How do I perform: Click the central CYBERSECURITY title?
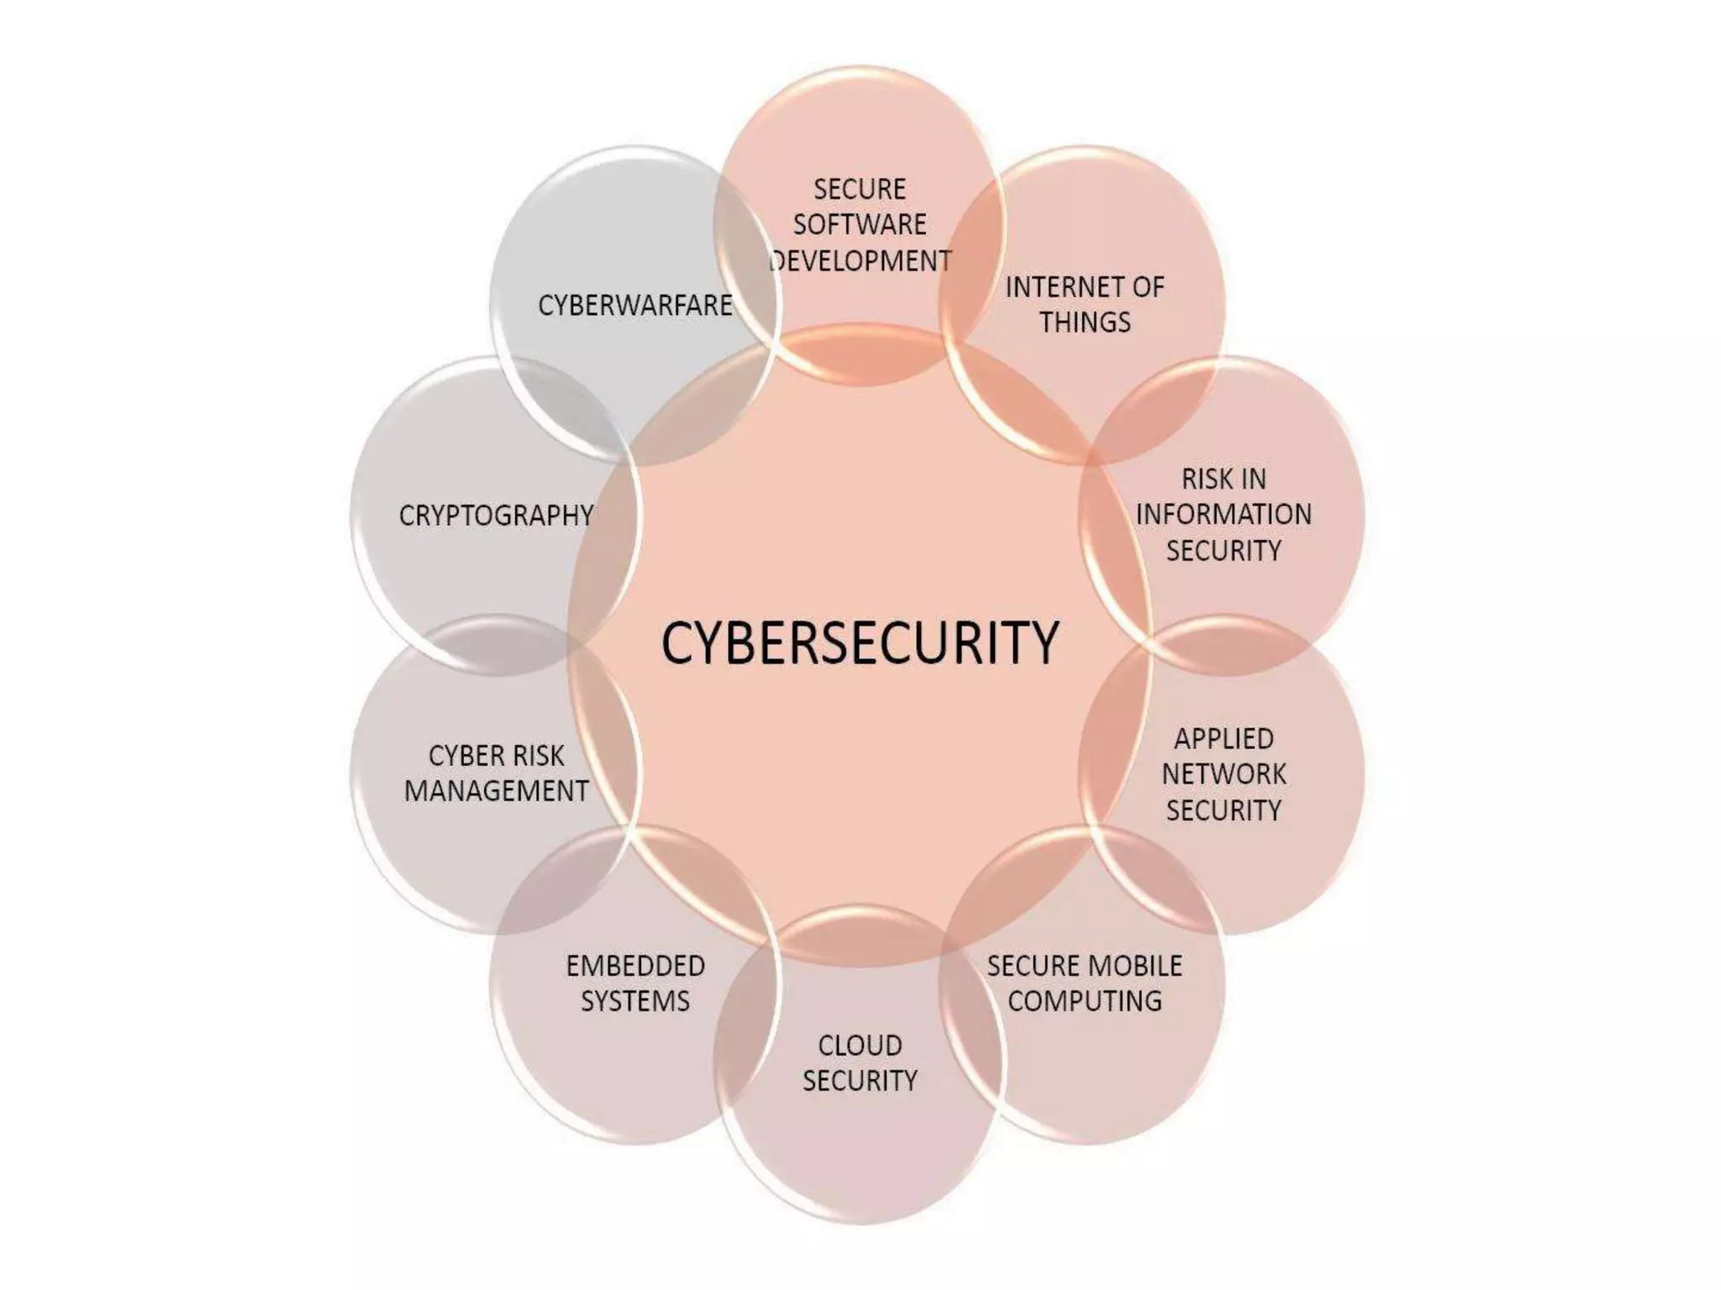point(860,642)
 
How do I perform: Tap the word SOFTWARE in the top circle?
point(860,224)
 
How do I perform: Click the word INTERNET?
point(1054,287)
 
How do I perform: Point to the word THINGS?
point(1085,322)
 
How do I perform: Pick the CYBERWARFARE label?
point(635,306)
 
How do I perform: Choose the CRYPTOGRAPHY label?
point(496,515)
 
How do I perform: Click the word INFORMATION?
point(1224,514)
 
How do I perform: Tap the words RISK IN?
point(1224,479)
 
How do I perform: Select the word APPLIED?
point(1224,738)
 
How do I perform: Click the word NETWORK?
point(1224,773)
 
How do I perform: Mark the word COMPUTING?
point(1085,1001)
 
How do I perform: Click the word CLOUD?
point(860,1046)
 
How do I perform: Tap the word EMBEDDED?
point(635,966)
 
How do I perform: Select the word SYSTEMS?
point(635,1001)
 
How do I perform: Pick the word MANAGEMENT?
point(496,791)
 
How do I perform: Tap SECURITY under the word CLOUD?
point(860,1081)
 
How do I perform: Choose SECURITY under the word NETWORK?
point(1224,810)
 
